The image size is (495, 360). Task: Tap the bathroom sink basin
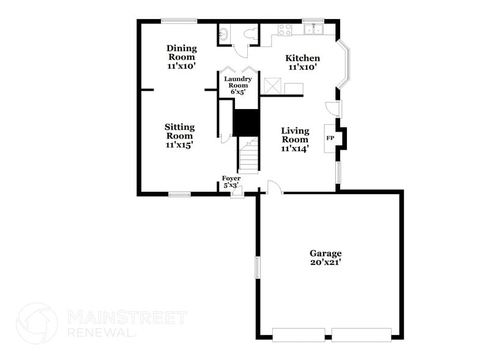pyautogui.click(x=224, y=33)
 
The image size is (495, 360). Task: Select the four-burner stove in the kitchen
pyautogui.click(x=285, y=29)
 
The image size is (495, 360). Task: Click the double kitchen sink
pyautogui.click(x=314, y=29)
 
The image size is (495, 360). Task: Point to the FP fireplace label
pyautogui.click(x=330, y=138)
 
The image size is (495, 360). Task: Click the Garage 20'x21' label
pyautogui.click(x=325, y=258)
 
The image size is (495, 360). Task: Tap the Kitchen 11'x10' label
pyautogui.click(x=303, y=62)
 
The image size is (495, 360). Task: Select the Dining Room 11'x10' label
pyautogui.click(x=181, y=57)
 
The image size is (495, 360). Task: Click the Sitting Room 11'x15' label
pyautogui.click(x=179, y=136)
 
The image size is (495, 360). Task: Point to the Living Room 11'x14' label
pyautogui.click(x=294, y=139)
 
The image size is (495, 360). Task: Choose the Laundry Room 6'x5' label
pyautogui.click(x=237, y=85)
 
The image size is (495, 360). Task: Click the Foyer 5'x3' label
pyautogui.click(x=231, y=181)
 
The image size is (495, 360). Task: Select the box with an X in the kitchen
pyautogui.click(x=271, y=86)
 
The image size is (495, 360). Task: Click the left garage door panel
pyautogui.click(x=299, y=334)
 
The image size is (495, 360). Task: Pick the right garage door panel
pyautogui.click(x=361, y=334)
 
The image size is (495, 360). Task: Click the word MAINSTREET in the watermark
pyautogui.click(x=127, y=318)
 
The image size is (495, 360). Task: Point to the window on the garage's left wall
pyautogui.click(x=258, y=268)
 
